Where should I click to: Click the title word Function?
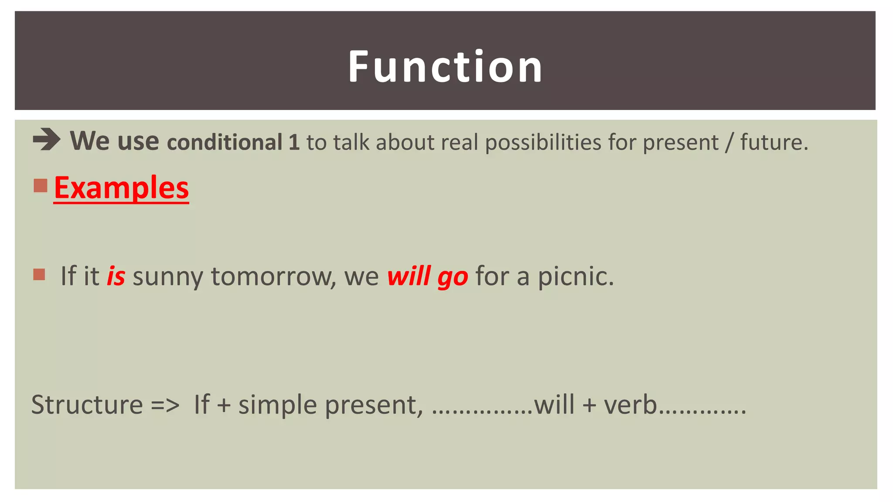[445, 66]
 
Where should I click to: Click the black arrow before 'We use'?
[47, 140]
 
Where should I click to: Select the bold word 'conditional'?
[225, 142]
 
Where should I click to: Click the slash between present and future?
[728, 142]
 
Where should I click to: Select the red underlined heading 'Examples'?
[121, 188]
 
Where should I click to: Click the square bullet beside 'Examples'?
[40, 186]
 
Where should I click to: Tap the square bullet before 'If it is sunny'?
[39, 275]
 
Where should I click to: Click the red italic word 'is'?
[116, 276]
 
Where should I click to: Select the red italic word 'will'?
[409, 276]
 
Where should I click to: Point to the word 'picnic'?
[576, 276]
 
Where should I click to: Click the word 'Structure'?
[87, 404]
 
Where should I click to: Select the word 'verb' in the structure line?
[631, 404]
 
